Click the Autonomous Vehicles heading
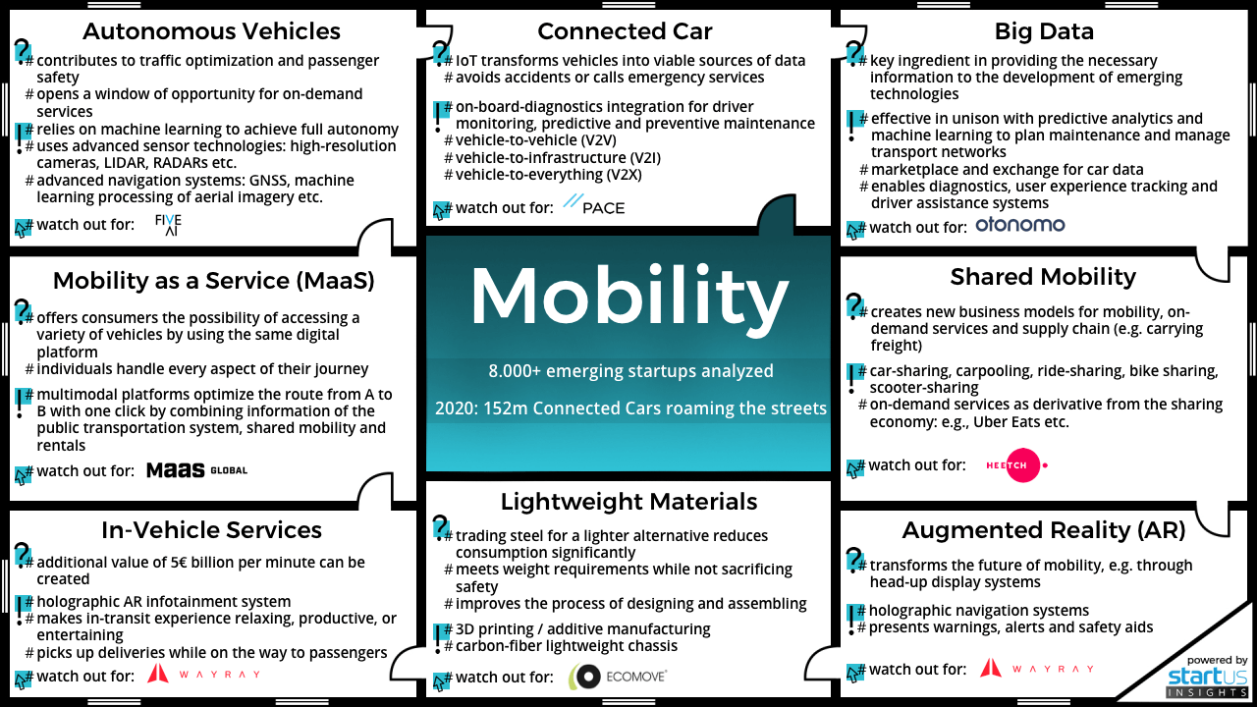coord(211,31)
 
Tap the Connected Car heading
coord(625,31)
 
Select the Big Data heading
coord(1044,31)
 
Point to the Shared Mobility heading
coord(1043,277)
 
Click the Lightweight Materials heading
coord(628,502)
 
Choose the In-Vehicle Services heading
coord(211,530)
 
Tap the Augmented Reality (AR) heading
coord(1044,530)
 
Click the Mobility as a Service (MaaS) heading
coord(213,281)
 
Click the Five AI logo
coord(168,225)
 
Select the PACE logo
coord(594,207)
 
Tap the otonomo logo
coord(1019,226)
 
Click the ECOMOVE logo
coord(619,677)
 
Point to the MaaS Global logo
coord(196,471)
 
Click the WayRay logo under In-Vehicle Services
coord(203,675)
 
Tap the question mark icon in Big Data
coord(854,52)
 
